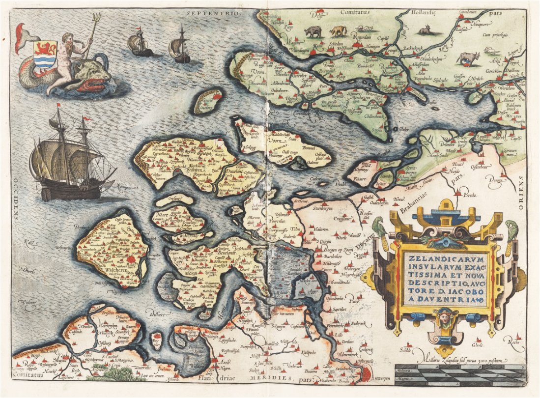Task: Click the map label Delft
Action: coord(317,15)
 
